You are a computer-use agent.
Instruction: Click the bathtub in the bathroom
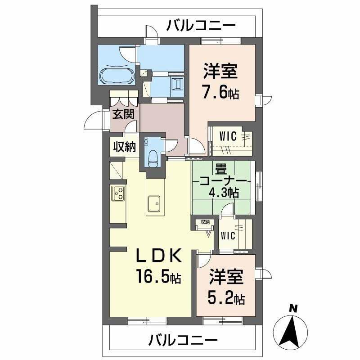[116, 76]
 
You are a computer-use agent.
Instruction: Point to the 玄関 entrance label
[123, 114]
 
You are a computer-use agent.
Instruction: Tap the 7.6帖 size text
[220, 94]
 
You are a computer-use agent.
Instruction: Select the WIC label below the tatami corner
[229, 236]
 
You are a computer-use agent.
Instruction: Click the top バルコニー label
[201, 25]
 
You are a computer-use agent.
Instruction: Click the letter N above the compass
[293, 309]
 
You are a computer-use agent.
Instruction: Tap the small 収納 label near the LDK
[205, 222]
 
